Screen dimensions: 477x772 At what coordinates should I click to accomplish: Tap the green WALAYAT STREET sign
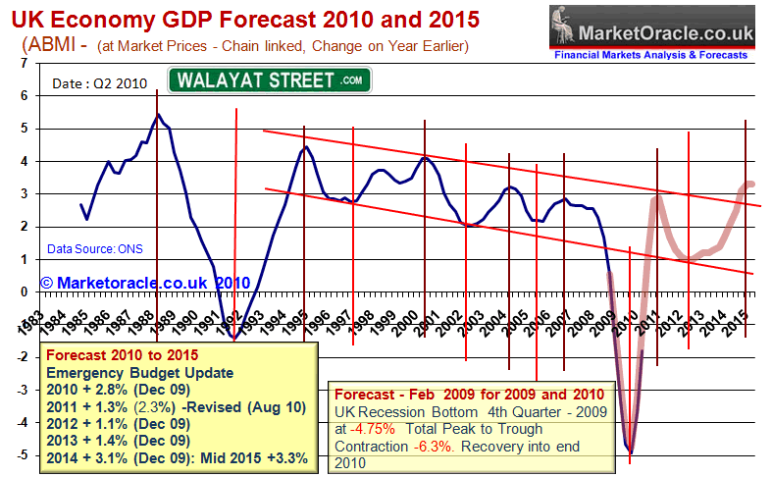[270, 79]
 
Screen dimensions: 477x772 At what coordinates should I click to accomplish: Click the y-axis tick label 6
[24, 96]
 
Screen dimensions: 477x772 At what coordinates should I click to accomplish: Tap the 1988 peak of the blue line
[158, 115]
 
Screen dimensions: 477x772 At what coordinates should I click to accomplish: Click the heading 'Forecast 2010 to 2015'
[115, 354]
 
